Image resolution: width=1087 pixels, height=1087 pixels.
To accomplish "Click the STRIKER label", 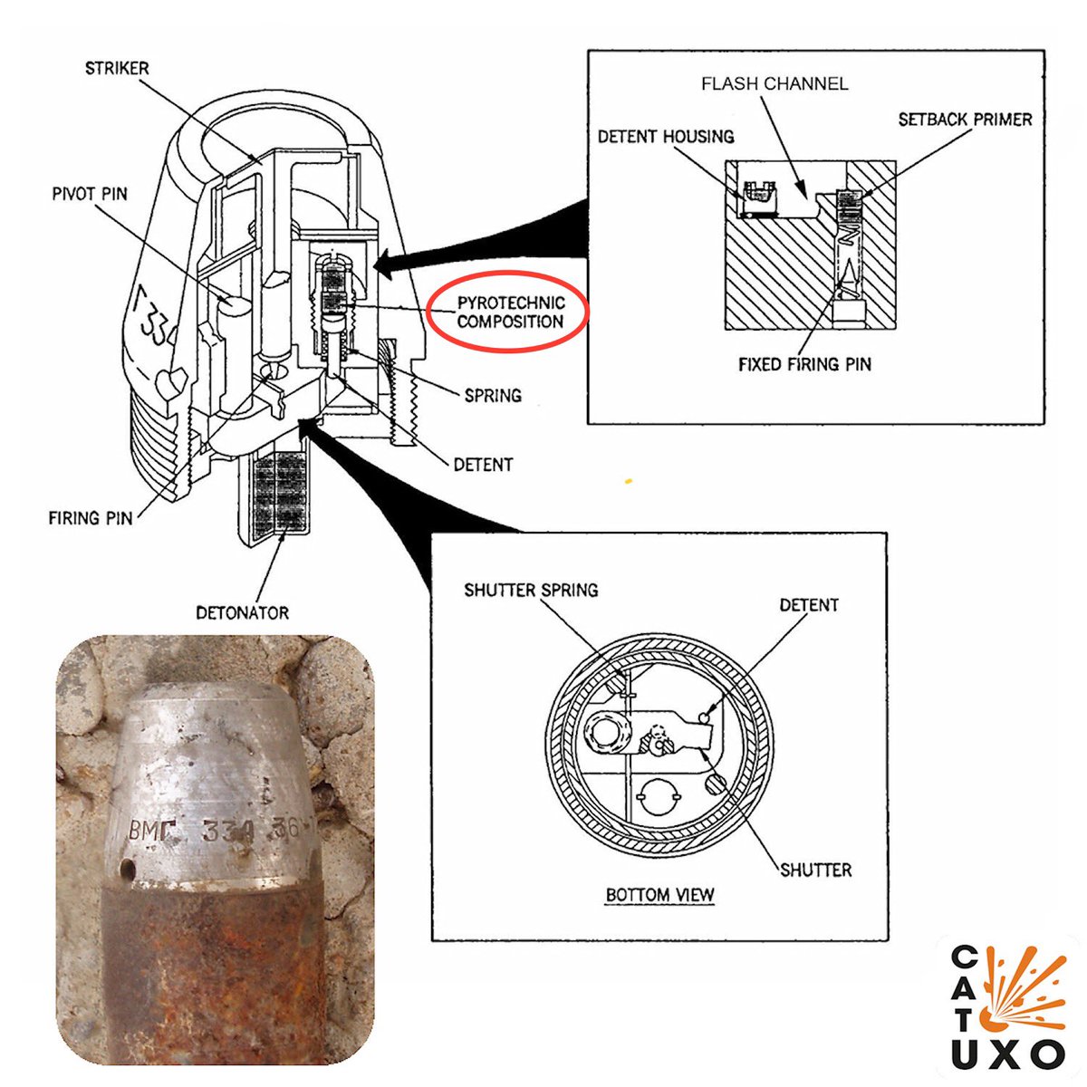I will tap(117, 68).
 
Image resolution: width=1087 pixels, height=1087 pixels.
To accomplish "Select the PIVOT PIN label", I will tap(90, 194).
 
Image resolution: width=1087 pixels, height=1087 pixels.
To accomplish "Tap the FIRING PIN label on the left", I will tap(91, 518).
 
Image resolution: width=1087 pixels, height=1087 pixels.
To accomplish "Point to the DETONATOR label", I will tap(243, 613).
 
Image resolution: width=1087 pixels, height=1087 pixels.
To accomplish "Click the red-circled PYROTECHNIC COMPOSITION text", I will tap(510, 312).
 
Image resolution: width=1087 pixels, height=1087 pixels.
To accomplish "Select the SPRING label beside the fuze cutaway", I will tap(493, 396).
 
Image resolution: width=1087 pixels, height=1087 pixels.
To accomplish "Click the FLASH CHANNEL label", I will tap(774, 84).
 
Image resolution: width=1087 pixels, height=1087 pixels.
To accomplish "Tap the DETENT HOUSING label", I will tap(666, 137).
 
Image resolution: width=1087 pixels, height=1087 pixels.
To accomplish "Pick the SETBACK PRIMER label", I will tap(965, 120).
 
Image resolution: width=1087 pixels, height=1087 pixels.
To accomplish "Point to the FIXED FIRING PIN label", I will tap(804, 364).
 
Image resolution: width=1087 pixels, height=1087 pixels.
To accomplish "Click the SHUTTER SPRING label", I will tap(531, 591).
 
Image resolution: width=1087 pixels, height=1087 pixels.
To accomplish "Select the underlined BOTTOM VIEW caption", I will tap(660, 895).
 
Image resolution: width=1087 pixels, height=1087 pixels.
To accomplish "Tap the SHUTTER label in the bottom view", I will tap(816, 870).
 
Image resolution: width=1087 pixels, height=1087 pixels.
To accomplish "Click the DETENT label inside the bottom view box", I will tap(809, 605).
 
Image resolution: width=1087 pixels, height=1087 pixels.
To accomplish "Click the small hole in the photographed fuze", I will tap(130, 871).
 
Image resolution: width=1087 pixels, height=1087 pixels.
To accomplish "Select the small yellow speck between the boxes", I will tap(629, 481).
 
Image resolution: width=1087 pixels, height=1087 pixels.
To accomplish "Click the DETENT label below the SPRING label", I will tap(483, 465).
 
